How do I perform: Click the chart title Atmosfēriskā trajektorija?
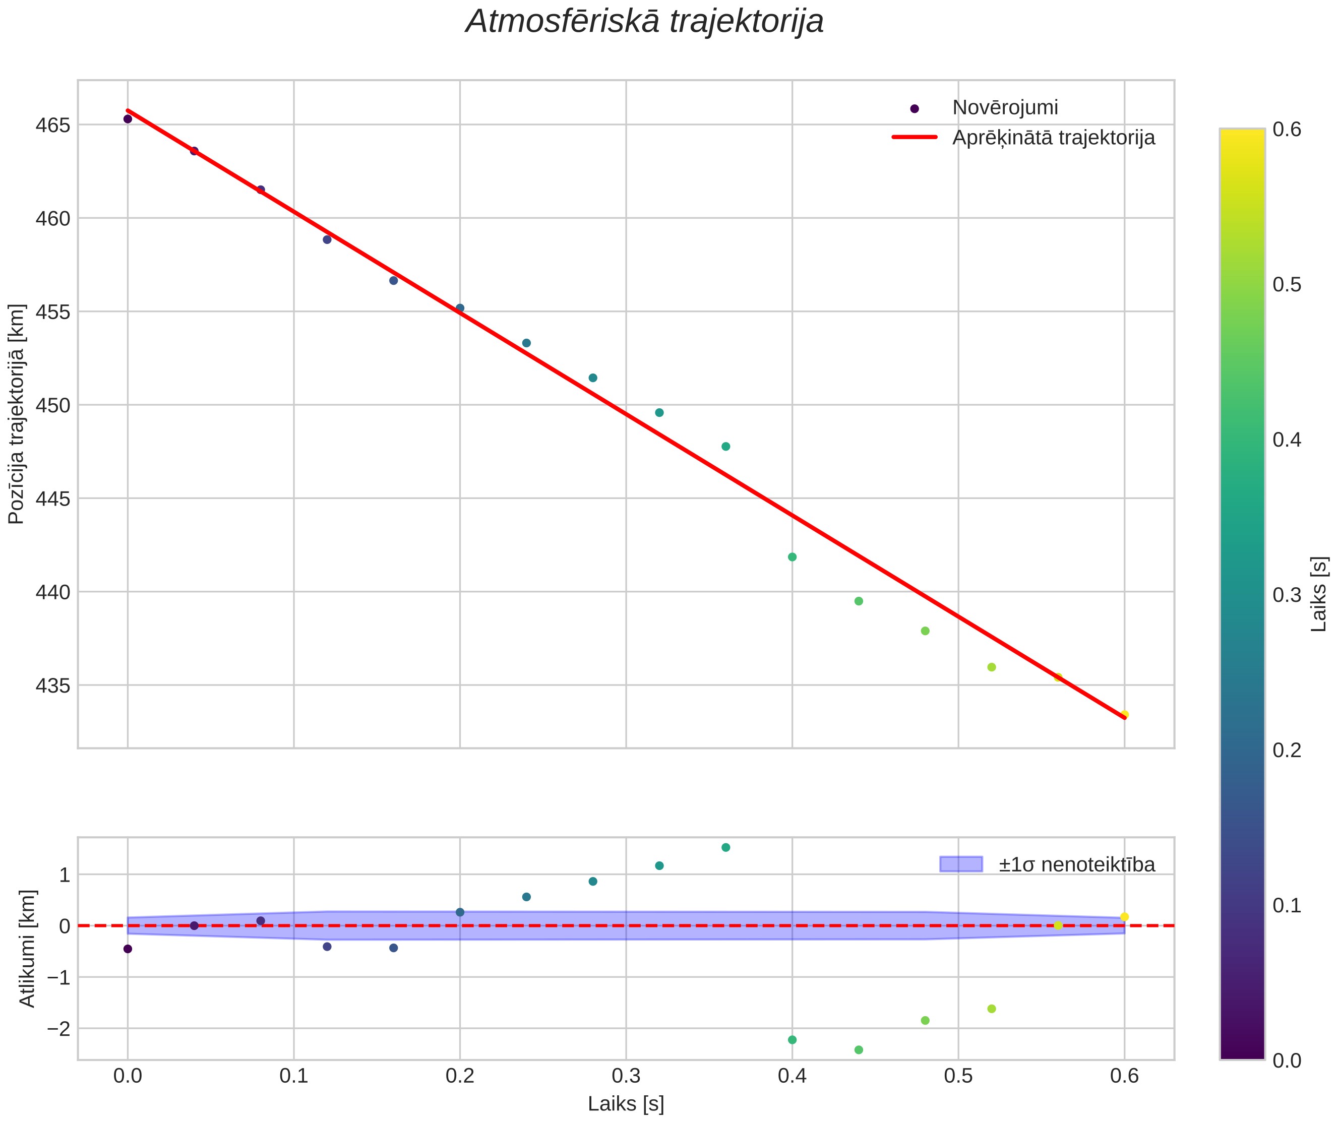[644, 22]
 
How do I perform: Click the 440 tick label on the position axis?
[52, 592]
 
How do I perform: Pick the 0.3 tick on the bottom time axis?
[626, 1076]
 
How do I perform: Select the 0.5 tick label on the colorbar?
[1287, 284]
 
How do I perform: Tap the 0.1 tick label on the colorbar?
[1287, 905]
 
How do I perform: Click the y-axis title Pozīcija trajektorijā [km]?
[16, 414]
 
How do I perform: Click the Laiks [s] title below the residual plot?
[626, 1104]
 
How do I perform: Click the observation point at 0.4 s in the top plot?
[792, 557]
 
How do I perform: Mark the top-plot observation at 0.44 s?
[858, 601]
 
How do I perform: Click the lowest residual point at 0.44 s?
[858, 1049]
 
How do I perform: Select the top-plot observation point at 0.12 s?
[327, 239]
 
